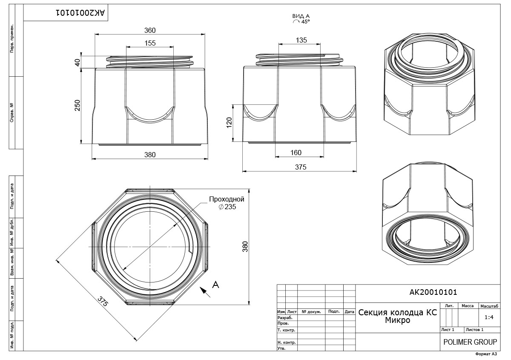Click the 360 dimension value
pyautogui.click(x=150, y=30)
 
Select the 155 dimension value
pyautogui.click(x=150, y=43)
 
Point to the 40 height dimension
pyautogui.click(x=78, y=62)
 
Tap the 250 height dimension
pyautogui.click(x=78, y=106)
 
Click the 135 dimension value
pyautogui.click(x=301, y=40)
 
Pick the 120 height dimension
pyautogui.click(x=229, y=123)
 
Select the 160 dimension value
pyautogui.click(x=296, y=153)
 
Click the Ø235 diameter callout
pyautogui.click(x=227, y=207)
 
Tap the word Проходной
pyautogui.click(x=227, y=199)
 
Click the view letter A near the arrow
pyautogui.click(x=215, y=285)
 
